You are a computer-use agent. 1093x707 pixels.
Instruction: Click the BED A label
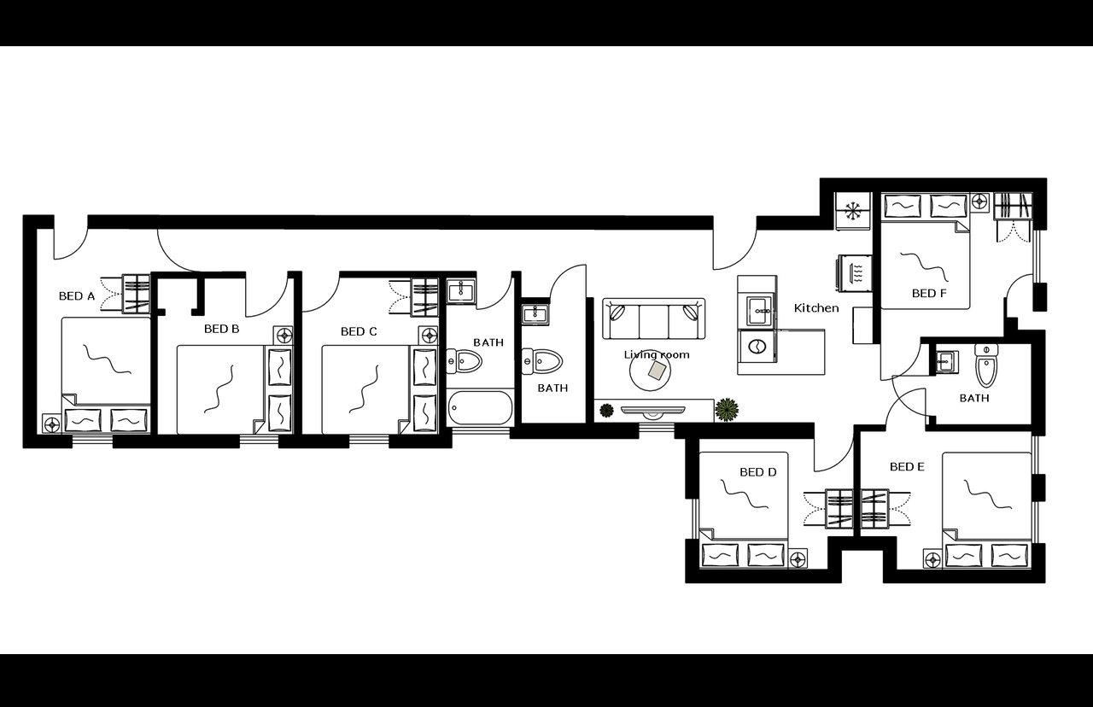tap(76, 296)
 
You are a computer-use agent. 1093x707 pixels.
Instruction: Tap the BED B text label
tap(221, 328)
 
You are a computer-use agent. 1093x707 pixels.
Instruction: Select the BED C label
tap(359, 331)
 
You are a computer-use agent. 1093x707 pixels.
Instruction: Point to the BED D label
tap(757, 472)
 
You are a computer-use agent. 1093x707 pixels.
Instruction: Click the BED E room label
tap(907, 467)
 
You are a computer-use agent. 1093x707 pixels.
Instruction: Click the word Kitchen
tap(816, 307)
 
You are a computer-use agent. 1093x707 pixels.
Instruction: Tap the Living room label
tap(656, 354)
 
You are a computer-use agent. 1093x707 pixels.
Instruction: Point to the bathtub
tap(480, 408)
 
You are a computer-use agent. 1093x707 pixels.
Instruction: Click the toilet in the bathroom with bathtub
tap(465, 362)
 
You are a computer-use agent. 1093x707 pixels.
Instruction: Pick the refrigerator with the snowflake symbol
tap(853, 210)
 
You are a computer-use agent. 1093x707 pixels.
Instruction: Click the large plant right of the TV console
tap(728, 410)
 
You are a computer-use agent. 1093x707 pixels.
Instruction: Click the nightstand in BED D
tap(798, 560)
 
